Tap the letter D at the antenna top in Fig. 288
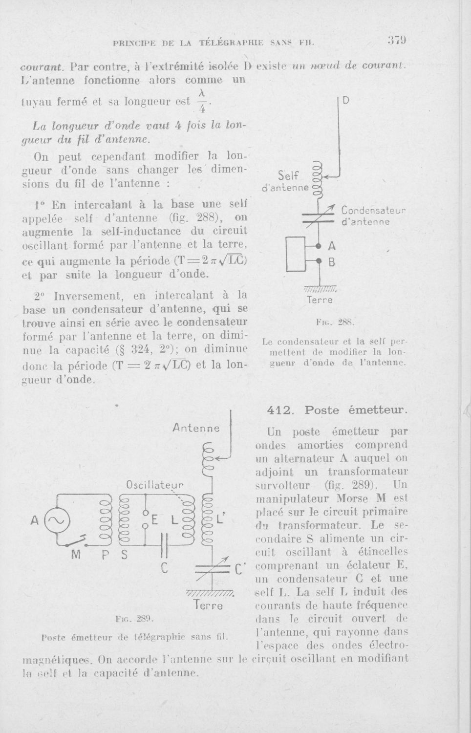[345, 102]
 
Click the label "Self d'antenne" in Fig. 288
[286, 181]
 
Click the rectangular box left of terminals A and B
[297, 254]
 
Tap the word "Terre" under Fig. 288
[320, 300]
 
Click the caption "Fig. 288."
[335, 323]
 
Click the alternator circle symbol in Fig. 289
[58, 520]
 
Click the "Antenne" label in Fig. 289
[197, 428]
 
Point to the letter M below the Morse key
[76, 555]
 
